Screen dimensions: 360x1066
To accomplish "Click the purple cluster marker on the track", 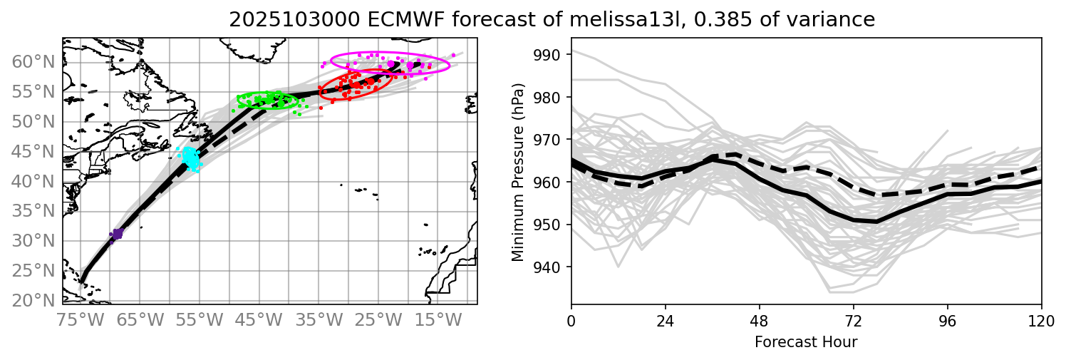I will pyautogui.click(x=118, y=233).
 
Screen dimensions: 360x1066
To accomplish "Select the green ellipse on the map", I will pyautogui.click(x=267, y=101).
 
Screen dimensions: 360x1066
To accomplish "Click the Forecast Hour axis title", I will pyautogui.click(x=806, y=342).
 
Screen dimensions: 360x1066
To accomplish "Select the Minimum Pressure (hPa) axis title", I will pyautogui.click(x=518, y=172).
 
